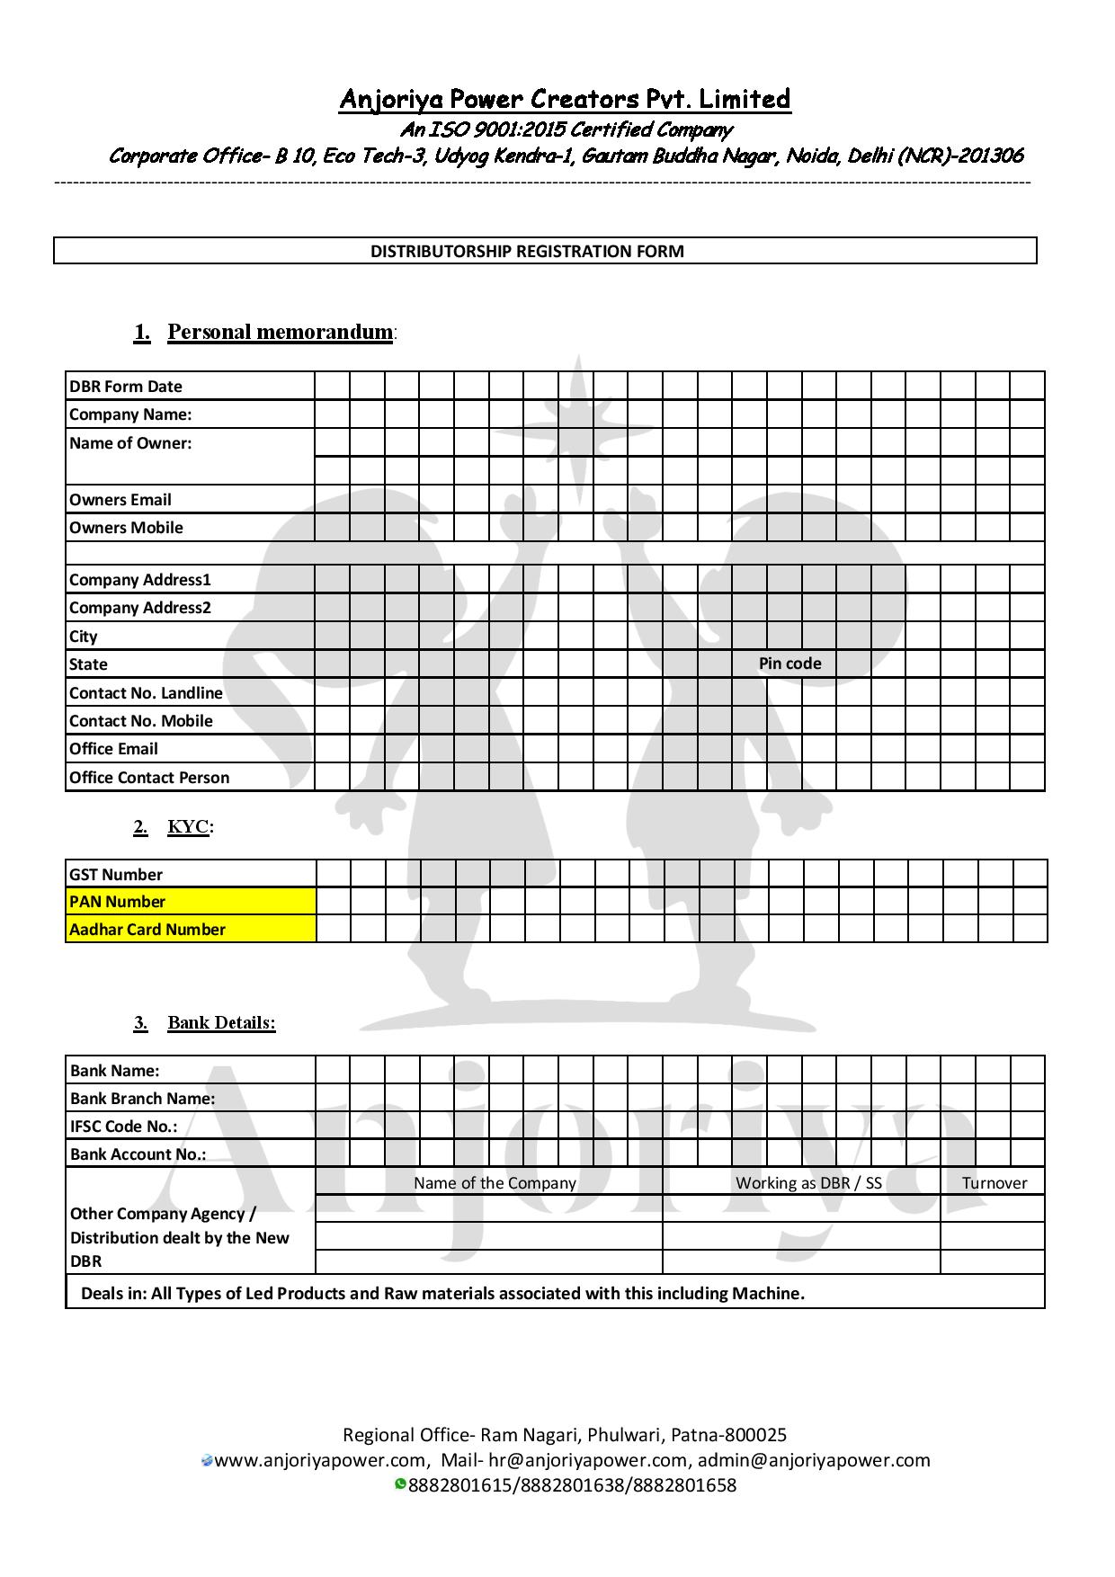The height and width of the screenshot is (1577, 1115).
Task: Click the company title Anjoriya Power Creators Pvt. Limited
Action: (x=565, y=99)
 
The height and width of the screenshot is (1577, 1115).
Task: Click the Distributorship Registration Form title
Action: (x=527, y=251)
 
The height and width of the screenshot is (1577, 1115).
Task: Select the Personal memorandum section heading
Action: (x=281, y=332)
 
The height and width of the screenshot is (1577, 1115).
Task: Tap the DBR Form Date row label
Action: (x=126, y=387)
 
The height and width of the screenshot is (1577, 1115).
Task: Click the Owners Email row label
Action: (x=120, y=500)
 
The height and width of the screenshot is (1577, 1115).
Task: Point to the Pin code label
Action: (x=789, y=664)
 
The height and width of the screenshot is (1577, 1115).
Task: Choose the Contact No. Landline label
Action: (x=146, y=693)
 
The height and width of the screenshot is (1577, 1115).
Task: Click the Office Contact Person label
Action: (x=149, y=778)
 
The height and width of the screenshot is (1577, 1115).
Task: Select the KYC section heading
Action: (x=188, y=826)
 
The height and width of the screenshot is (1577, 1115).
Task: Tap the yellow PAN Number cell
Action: (x=191, y=902)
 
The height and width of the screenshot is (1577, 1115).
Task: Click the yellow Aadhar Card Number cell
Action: (x=191, y=930)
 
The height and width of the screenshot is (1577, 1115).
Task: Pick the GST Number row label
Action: (x=116, y=875)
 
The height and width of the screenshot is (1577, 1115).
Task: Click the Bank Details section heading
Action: (x=221, y=1022)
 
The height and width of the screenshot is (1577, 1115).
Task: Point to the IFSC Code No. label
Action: (x=124, y=1127)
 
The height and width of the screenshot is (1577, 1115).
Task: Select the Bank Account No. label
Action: (x=138, y=1154)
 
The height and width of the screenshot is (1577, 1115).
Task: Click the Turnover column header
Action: (x=994, y=1183)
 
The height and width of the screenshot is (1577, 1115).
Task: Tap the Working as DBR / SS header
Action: (x=808, y=1183)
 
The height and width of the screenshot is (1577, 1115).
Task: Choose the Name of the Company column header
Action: (x=495, y=1183)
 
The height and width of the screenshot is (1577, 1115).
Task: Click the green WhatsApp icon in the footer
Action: (x=400, y=1483)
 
